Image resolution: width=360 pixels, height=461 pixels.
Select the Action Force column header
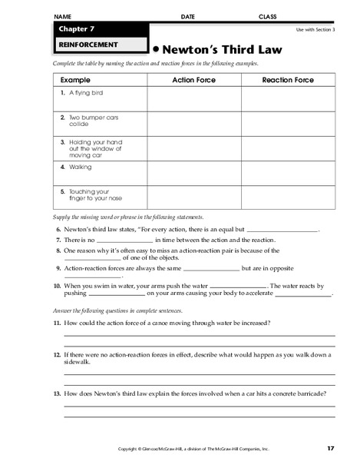[193, 79]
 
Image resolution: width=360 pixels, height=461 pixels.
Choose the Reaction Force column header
[289, 79]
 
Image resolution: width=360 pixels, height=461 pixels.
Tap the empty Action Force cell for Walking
[193, 172]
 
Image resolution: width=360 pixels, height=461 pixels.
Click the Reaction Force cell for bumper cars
[289, 124]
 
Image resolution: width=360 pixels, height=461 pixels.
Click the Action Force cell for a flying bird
[193, 99]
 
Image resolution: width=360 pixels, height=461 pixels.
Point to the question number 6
[58, 230]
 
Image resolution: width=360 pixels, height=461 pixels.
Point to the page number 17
[330, 448]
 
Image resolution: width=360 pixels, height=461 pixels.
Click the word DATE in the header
[188, 15]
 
